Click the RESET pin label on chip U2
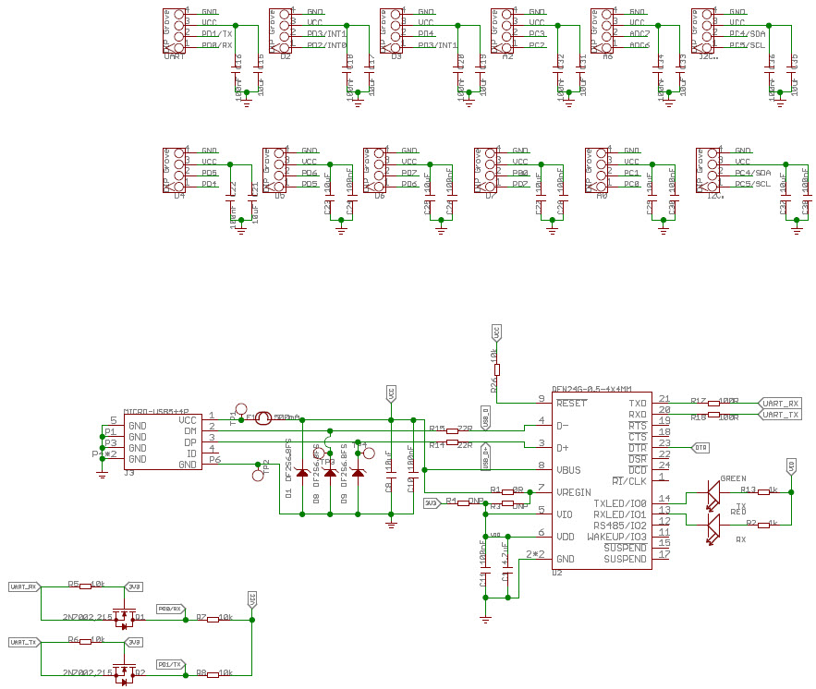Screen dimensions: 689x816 571,404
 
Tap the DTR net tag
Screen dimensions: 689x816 701,447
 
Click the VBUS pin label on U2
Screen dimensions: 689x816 569,470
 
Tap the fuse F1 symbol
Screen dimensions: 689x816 262,418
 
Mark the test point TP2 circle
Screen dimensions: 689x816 259,476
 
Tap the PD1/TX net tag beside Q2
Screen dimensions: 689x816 170,663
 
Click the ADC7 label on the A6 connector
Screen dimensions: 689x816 639,33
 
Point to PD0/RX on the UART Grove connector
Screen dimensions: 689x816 216,44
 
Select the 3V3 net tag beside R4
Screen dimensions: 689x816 431,502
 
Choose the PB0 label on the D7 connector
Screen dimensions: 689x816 519,173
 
